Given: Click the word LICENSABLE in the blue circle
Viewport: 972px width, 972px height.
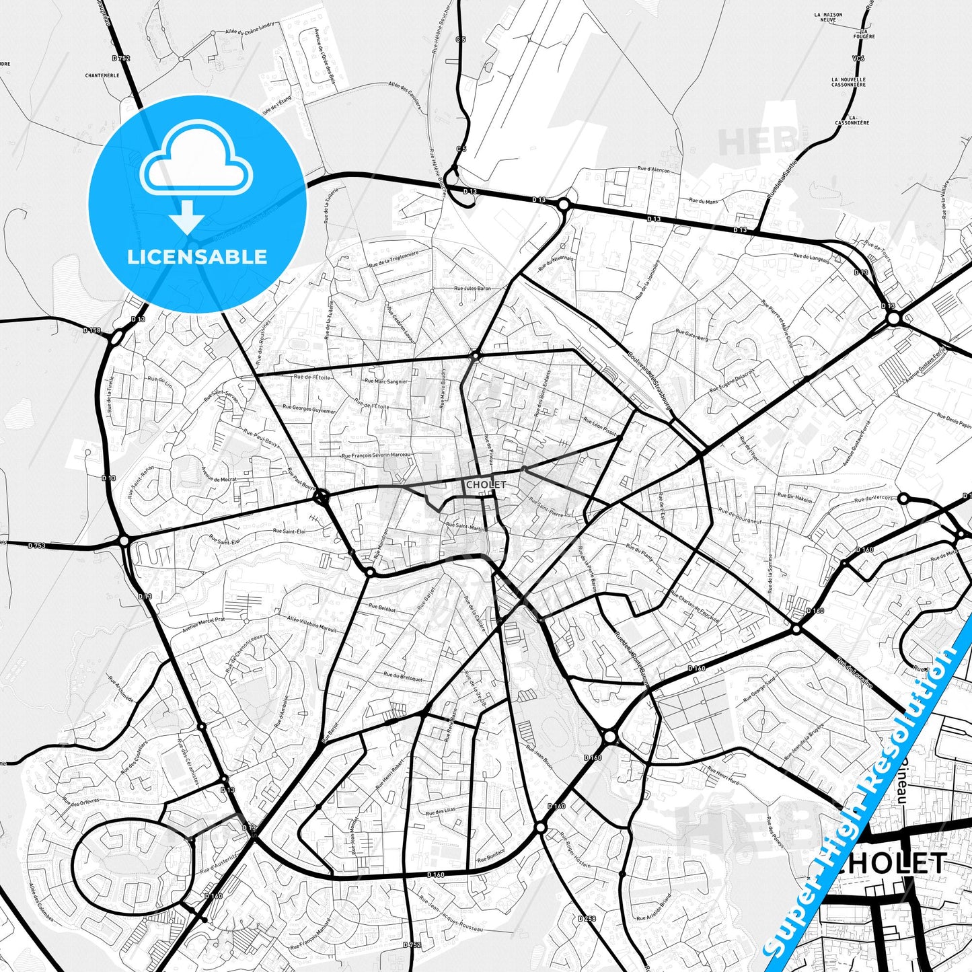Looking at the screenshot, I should [x=197, y=257].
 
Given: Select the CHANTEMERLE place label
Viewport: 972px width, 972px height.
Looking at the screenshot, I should [x=102, y=75].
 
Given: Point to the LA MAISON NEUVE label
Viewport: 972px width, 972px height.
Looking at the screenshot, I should [x=828, y=16].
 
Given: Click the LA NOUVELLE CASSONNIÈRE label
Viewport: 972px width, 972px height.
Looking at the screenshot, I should [x=848, y=82].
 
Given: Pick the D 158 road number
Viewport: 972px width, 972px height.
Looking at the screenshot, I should [x=91, y=330].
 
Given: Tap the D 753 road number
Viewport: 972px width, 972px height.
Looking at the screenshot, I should [x=37, y=546].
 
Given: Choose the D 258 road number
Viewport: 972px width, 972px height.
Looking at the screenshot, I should [x=587, y=919].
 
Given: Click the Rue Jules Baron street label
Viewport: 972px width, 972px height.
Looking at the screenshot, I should [x=473, y=289].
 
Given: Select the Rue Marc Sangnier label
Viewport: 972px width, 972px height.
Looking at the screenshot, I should [x=386, y=381].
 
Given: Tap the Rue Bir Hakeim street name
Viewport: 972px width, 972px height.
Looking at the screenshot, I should [x=795, y=497].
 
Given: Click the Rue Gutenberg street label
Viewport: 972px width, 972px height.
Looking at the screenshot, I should [x=691, y=335].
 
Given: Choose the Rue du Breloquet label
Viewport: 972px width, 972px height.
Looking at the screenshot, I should [x=403, y=677].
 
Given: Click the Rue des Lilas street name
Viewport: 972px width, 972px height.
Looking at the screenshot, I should [x=441, y=813].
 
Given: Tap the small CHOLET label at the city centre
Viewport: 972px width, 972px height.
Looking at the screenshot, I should [x=485, y=484].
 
